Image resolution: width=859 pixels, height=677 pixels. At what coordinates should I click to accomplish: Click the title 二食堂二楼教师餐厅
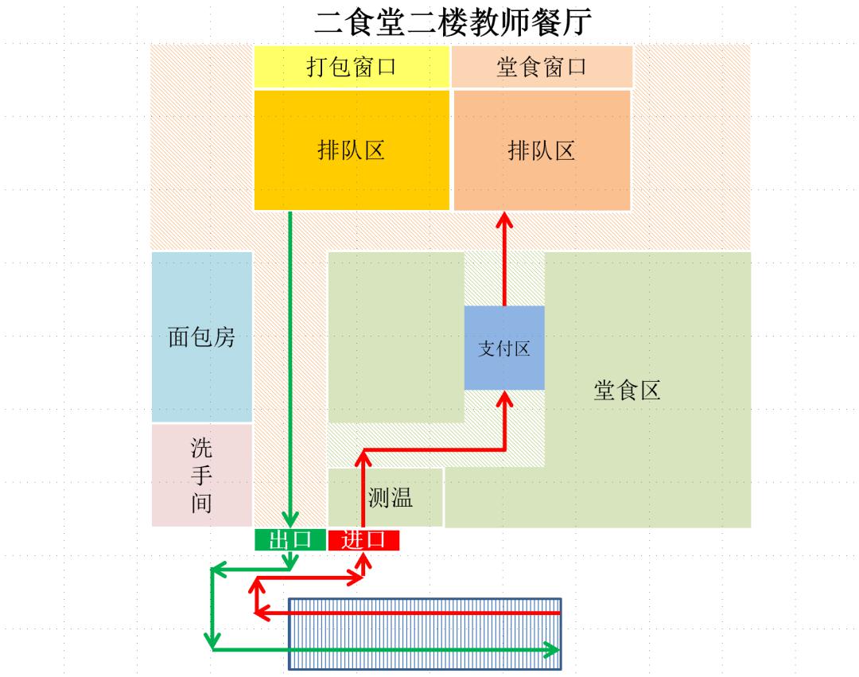(x=453, y=22)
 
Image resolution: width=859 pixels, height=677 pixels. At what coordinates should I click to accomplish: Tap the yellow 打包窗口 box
(x=352, y=67)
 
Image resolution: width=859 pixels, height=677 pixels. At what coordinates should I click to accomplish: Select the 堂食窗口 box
(x=542, y=67)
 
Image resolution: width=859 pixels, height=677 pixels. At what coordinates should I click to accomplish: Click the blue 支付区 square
(x=504, y=348)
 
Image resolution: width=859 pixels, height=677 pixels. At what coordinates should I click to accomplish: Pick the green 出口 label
(x=290, y=540)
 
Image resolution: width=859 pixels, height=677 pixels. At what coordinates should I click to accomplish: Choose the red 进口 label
(x=363, y=540)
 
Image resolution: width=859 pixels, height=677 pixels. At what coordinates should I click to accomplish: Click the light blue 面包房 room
(x=202, y=337)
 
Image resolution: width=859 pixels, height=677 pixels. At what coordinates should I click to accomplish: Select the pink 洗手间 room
(x=202, y=475)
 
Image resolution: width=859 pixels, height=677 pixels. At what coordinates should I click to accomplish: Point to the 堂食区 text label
(x=627, y=391)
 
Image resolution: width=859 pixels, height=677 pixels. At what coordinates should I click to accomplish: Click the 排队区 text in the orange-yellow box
(x=352, y=150)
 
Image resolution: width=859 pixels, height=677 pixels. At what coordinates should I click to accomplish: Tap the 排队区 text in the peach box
(x=542, y=150)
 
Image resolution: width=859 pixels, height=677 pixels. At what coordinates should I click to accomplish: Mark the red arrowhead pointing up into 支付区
(x=504, y=399)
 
